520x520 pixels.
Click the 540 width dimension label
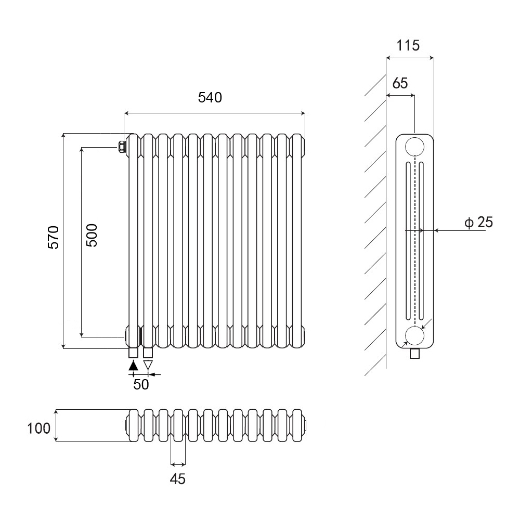click(210, 97)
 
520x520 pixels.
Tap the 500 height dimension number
click(92, 235)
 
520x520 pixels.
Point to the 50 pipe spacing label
click(141, 384)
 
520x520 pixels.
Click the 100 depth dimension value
click(39, 428)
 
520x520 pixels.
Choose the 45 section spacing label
click(178, 479)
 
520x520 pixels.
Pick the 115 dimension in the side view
click(408, 45)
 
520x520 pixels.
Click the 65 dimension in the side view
click(400, 83)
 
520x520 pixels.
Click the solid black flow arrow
click(134, 365)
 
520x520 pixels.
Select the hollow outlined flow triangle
click(148, 365)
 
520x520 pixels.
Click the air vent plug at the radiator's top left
click(122, 147)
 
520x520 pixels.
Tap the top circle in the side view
click(414, 147)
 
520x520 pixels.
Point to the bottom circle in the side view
click(414, 336)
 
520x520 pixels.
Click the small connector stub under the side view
click(414, 354)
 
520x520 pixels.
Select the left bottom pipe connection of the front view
click(134, 353)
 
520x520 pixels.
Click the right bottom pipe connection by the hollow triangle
click(148, 353)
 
